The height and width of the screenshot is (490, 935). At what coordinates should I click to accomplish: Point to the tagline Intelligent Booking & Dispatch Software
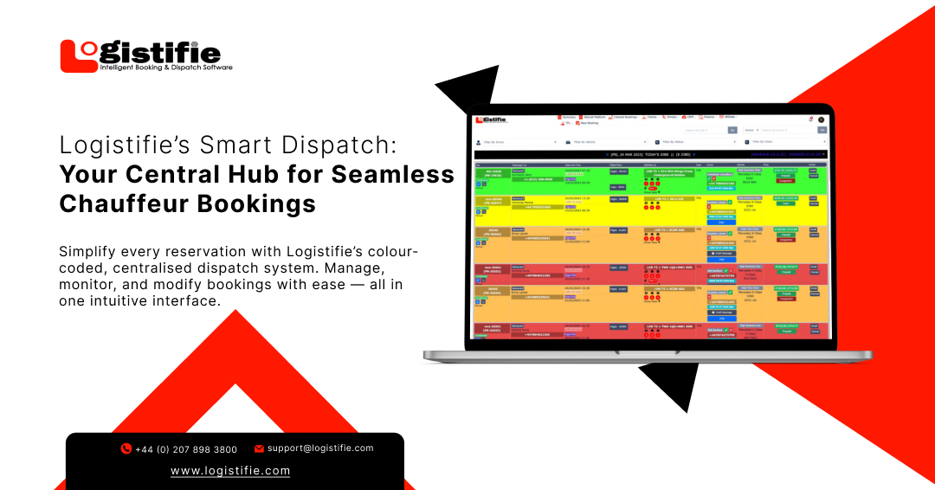click(165, 67)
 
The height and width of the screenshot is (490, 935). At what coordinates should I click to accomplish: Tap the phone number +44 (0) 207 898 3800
click(186, 449)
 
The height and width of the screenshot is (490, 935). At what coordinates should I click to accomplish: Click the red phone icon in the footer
click(126, 449)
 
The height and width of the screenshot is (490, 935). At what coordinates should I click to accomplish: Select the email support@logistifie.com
click(320, 448)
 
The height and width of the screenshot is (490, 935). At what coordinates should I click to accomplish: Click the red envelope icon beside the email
click(259, 448)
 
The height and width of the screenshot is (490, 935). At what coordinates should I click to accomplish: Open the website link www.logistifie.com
click(230, 471)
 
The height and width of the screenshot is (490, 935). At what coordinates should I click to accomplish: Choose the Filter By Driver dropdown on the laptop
click(516, 141)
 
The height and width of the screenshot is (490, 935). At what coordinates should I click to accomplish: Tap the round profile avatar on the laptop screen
click(821, 119)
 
